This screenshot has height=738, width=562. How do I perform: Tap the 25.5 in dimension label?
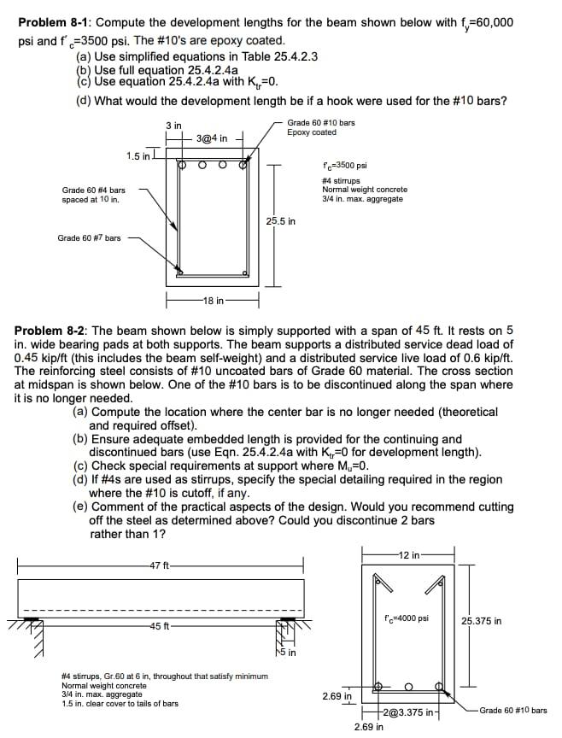(281, 221)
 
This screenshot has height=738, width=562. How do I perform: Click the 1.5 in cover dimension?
(138, 155)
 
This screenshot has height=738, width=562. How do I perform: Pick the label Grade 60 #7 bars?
(89, 237)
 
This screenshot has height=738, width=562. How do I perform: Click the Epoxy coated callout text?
(312, 132)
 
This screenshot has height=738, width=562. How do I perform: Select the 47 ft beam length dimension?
(160, 565)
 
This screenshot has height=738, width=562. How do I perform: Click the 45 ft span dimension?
(160, 626)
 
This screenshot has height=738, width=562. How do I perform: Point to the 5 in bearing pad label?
(290, 653)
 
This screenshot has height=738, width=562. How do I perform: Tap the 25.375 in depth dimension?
(483, 621)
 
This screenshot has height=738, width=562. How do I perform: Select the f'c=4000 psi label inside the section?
(407, 618)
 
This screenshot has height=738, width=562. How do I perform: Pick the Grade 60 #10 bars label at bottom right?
(513, 710)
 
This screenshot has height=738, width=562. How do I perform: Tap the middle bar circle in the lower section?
(409, 686)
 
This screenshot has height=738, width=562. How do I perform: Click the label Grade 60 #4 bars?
(94, 195)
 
